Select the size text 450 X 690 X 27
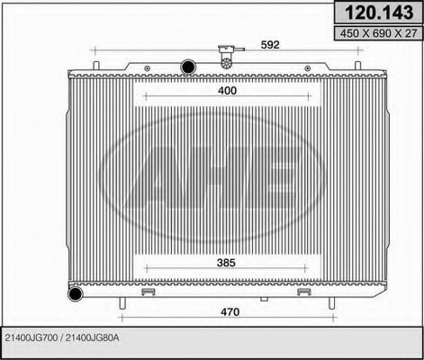375,34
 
